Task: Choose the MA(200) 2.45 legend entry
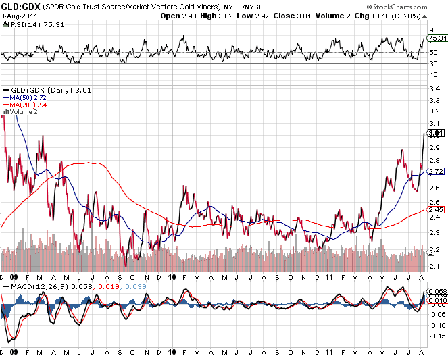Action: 29,105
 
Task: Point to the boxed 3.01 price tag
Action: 434,134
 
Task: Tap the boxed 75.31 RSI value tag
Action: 434,38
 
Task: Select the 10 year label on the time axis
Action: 172,277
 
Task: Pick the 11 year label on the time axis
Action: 330,277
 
